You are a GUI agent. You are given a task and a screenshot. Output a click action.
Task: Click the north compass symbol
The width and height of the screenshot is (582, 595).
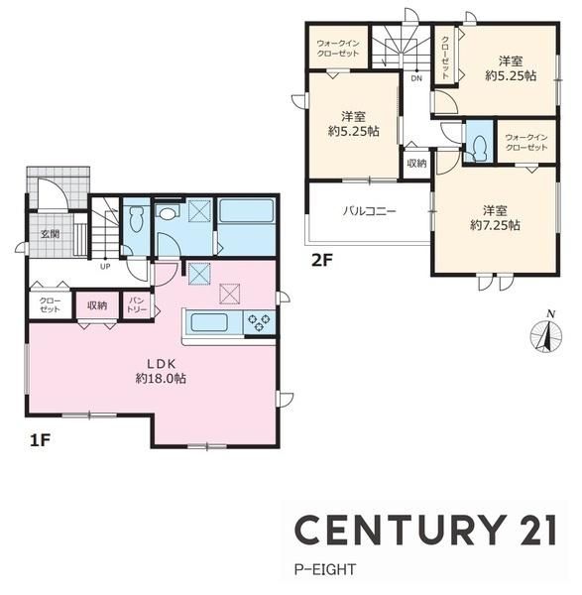[x=546, y=333]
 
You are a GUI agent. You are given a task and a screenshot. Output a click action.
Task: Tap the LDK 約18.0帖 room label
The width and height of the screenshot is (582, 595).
[x=161, y=371]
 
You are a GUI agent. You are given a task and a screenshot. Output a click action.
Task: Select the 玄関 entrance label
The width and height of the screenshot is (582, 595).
[x=51, y=234]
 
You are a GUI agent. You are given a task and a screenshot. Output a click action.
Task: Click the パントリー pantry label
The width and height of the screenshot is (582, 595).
[x=137, y=305]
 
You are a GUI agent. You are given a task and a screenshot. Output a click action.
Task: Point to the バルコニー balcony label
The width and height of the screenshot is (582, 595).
[x=369, y=210]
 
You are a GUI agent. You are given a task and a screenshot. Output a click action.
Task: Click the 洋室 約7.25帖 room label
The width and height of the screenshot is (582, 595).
[x=495, y=218]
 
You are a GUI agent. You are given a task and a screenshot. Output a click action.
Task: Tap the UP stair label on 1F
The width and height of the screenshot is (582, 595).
[x=105, y=267]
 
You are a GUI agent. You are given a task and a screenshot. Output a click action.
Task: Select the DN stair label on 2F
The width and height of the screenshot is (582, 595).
[x=416, y=78]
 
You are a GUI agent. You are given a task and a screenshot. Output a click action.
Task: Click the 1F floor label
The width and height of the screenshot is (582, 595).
[x=40, y=440]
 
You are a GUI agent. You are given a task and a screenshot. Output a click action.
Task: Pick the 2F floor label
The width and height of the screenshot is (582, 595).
[x=321, y=260]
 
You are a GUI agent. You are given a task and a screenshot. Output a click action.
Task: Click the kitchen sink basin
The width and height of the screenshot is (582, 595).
[x=209, y=323]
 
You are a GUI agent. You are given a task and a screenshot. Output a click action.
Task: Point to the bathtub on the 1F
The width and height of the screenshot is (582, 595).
[x=247, y=211]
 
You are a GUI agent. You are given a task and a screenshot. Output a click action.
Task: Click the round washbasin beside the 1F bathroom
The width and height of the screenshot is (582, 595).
[x=167, y=212]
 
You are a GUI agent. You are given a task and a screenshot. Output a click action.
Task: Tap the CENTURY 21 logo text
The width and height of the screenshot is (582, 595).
[x=425, y=530]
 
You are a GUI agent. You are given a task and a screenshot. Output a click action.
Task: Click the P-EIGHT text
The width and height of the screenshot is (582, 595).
[x=325, y=569]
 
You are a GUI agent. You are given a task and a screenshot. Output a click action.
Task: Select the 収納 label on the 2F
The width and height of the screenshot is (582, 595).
[x=416, y=164]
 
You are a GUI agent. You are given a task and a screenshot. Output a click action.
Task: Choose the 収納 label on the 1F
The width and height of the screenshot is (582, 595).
[x=97, y=305]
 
